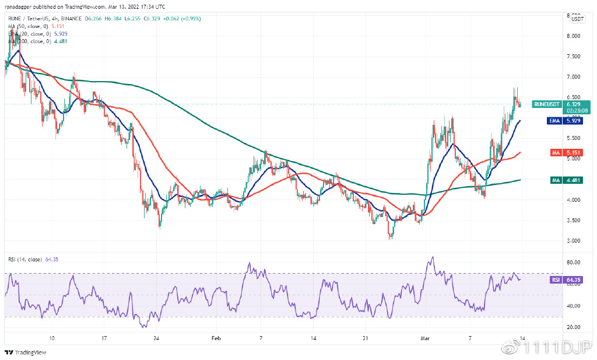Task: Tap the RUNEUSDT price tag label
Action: point(546,104)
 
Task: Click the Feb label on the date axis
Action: point(216,338)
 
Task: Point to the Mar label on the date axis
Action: point(426,338)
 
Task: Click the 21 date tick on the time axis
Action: point(365,338)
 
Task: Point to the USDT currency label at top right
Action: point(577,19)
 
